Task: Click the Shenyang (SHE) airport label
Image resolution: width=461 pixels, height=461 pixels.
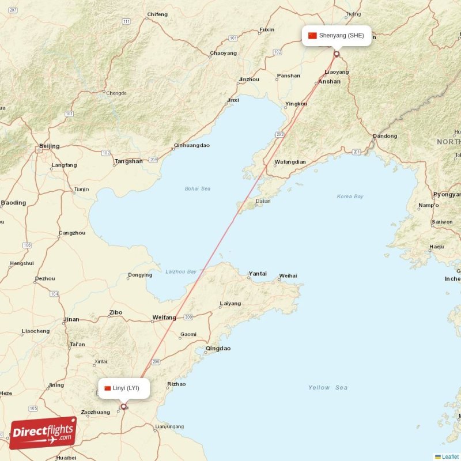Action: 341,35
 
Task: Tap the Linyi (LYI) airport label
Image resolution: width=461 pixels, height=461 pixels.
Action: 126,388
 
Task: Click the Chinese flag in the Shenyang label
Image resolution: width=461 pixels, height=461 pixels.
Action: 313,35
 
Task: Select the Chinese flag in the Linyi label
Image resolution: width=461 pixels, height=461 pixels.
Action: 107,388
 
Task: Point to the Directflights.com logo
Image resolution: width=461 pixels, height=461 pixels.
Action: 43,433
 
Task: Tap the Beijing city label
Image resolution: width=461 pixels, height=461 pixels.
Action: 48,146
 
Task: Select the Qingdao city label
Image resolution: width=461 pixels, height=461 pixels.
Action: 218,349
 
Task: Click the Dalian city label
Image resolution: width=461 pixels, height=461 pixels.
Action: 263,201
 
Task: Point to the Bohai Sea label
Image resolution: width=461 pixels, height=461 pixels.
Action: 197,188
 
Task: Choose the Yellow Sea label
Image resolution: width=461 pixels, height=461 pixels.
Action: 327,387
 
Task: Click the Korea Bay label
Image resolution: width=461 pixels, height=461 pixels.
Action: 350,197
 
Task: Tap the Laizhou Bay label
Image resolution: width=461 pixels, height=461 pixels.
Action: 180,271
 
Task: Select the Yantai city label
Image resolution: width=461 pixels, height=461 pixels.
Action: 257,274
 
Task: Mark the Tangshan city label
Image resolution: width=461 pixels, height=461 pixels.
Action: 129,161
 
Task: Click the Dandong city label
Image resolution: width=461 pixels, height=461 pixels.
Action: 385,137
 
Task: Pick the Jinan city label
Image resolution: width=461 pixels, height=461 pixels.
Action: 71,319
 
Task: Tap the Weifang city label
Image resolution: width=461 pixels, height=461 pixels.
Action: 164,318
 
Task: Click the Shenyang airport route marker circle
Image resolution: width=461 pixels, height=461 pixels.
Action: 337,54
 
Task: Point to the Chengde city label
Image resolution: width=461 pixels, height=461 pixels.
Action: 116,93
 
